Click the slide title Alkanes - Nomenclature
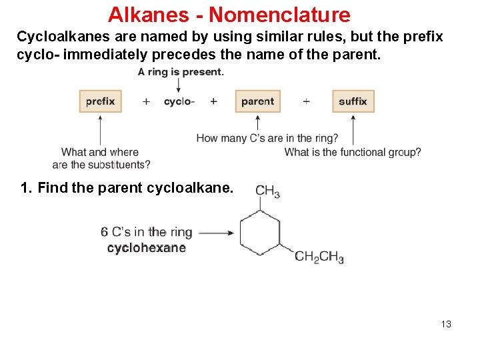click(229, 14)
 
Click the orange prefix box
click(100, 101)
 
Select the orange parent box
click(257, 101)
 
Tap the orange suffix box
click(353, 101)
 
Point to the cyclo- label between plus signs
click(179, 101)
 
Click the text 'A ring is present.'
click(181, 72)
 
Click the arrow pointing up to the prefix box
click(100, 130)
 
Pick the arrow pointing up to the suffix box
click(353, 130)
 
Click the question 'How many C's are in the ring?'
click(267, 139)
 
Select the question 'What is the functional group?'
click(353, 152)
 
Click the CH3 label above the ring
click(267, 191)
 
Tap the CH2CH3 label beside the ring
click(319, 257)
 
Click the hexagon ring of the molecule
click(260, 233)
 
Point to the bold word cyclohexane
click(146, 248)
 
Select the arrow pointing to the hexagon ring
click(215, 233)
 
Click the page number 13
click(446, 324)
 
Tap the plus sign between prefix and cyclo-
click(146, 101)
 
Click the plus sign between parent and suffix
click(306, 101)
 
